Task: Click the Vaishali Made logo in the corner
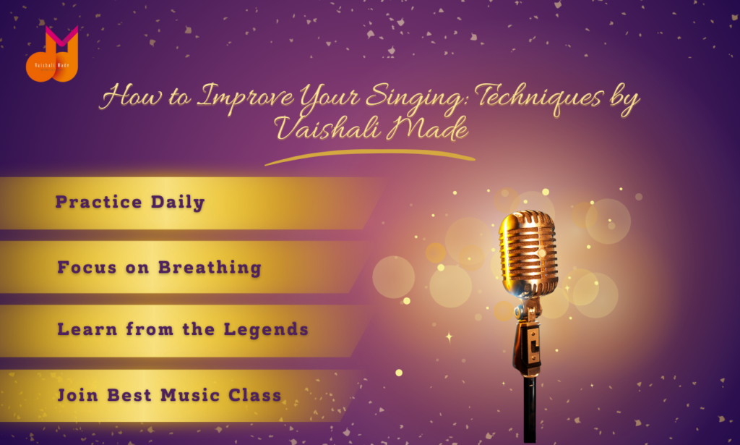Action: (52, 54)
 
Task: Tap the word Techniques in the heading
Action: (538, 98)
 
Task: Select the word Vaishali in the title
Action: (327, 127)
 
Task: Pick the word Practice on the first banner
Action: (98, 202)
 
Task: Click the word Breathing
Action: (210, 268)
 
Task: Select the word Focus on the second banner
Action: (87, 268)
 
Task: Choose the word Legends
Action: (266, 330)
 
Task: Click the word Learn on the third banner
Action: (87, 329)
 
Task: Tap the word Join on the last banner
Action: (77, 395)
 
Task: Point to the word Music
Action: (190, 395)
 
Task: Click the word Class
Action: (255, 395)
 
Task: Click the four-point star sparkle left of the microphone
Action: (449, 336)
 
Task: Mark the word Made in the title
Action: (428, 127)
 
